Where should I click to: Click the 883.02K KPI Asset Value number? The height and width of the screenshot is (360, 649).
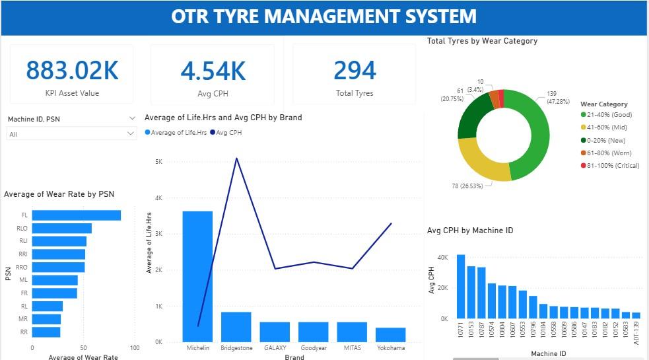click(72, 70)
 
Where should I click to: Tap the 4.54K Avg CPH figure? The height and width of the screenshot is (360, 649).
click(213, 70)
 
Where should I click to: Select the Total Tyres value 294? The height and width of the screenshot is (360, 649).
click(355, 70)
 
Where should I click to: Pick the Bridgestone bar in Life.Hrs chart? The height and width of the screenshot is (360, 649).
click(236, 326)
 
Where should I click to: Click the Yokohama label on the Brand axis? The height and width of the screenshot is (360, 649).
click(391, 347)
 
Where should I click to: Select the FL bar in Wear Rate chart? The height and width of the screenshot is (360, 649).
click(77, 215)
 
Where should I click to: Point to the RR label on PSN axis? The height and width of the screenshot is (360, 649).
click(23, 332)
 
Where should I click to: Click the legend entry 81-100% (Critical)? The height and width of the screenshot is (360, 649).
click(609, 165)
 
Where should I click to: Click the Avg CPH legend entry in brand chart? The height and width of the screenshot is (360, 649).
click(226, 133)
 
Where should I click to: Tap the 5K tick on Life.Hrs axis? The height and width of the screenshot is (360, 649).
click(158, 162)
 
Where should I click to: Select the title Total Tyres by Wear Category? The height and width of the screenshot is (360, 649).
click(482, 41)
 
